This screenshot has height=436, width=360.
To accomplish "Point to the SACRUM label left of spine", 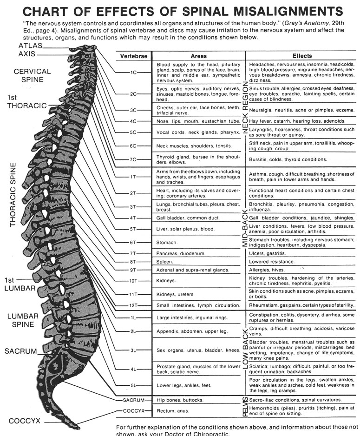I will [20, 350].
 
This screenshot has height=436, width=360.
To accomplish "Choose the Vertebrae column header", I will [134, 56].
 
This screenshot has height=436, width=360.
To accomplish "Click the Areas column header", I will [198, 56].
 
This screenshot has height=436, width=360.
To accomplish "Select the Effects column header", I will [302, 56].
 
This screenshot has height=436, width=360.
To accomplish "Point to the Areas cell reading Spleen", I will [165, 262].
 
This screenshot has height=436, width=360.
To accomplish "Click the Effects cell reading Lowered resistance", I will [272, 262].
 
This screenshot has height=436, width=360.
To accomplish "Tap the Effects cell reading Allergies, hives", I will [267, 270].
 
